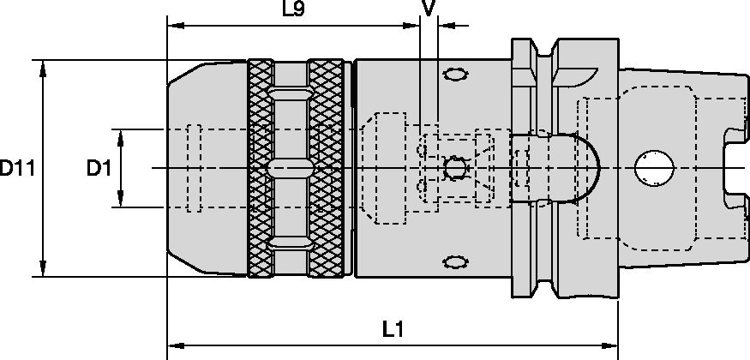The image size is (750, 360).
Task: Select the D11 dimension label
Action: point(16,168)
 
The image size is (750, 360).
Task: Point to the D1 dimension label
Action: point(99,169)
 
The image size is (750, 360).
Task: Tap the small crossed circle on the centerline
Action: point(454,167)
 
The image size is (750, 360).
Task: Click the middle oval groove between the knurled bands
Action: point(290,167)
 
